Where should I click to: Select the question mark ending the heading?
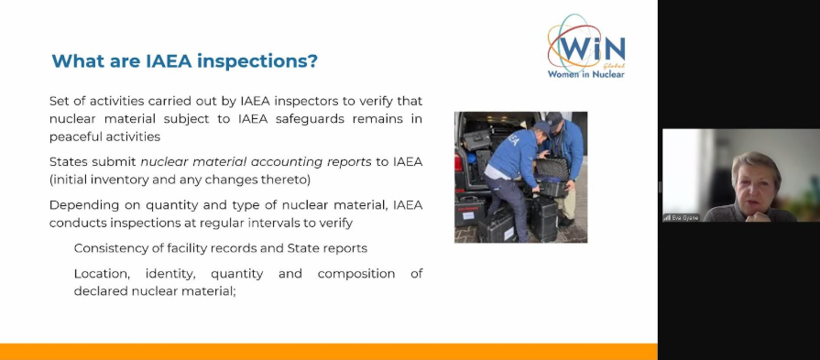coord(312,61)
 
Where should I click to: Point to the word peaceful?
coord(75,136)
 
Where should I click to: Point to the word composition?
coord(356,274)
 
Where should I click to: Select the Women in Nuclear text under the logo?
coord(585,73)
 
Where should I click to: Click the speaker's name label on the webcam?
coord(682,217)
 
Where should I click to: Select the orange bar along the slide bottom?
coord(328,352)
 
